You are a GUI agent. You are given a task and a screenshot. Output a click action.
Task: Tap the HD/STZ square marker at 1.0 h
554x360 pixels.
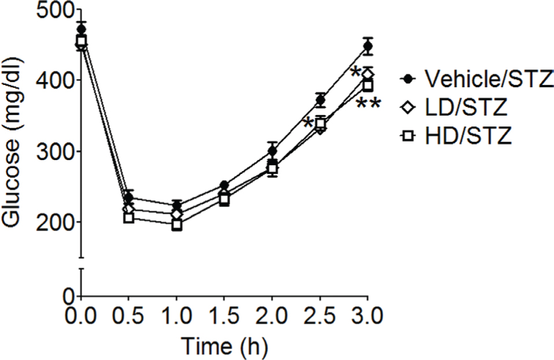tap(176, 225)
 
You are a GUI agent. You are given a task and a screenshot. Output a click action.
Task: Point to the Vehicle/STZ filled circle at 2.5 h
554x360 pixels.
tap(320, 100)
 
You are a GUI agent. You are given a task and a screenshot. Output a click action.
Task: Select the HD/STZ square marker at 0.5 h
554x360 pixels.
tap(128, 218)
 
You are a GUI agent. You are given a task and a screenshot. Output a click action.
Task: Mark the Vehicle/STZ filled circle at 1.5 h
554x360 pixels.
tap(224, 185)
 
